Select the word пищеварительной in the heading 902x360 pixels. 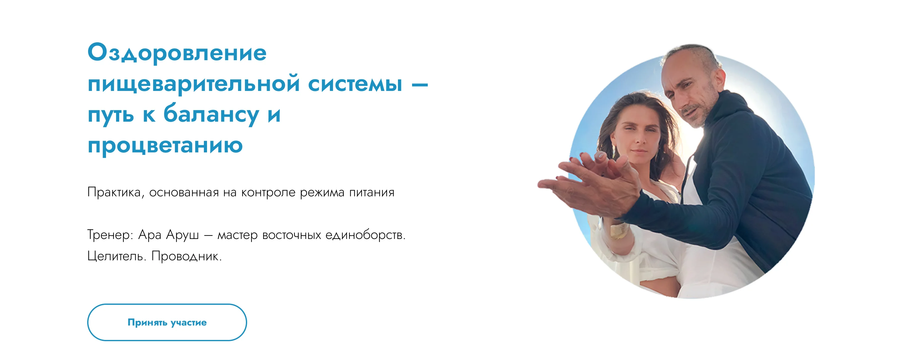coord(194,84)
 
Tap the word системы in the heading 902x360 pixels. coord(355,84)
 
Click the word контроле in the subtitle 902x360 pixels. coord(268,193)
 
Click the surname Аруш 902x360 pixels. coord(182,235)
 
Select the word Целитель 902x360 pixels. coord(117,256)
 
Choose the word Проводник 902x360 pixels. coord(186,256)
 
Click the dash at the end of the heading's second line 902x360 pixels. coord(420,84)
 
